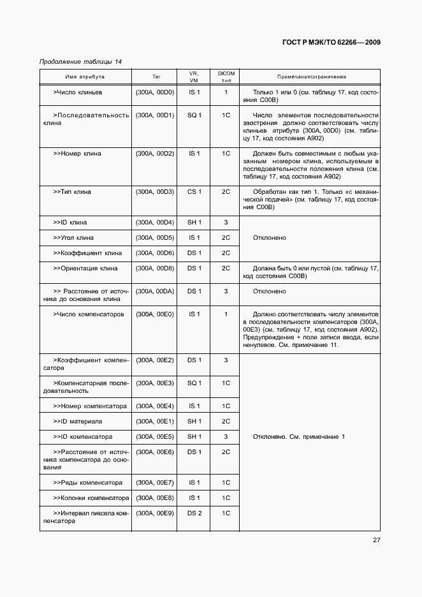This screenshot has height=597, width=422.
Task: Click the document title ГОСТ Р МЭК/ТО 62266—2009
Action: (331, 43)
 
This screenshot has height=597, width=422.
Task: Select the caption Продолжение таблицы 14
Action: (80, 61)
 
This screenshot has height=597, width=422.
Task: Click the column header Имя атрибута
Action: (85, 77)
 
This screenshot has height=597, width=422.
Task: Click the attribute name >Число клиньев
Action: (80, 92)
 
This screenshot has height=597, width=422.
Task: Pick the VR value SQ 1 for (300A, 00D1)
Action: (194, 115)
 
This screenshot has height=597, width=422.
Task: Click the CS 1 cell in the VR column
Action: (194, 192)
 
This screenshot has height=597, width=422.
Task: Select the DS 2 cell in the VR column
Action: (194, 513)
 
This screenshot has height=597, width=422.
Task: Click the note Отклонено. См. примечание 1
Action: (298, 437)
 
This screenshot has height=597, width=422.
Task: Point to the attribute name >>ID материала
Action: (78, 422)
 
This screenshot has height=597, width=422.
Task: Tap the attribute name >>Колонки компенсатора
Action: (91, 498)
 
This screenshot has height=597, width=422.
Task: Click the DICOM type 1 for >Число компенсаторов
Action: (226, 314)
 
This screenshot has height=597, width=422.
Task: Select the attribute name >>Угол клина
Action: (73, 238)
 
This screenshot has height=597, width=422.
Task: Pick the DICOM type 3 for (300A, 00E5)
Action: (226, 437)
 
